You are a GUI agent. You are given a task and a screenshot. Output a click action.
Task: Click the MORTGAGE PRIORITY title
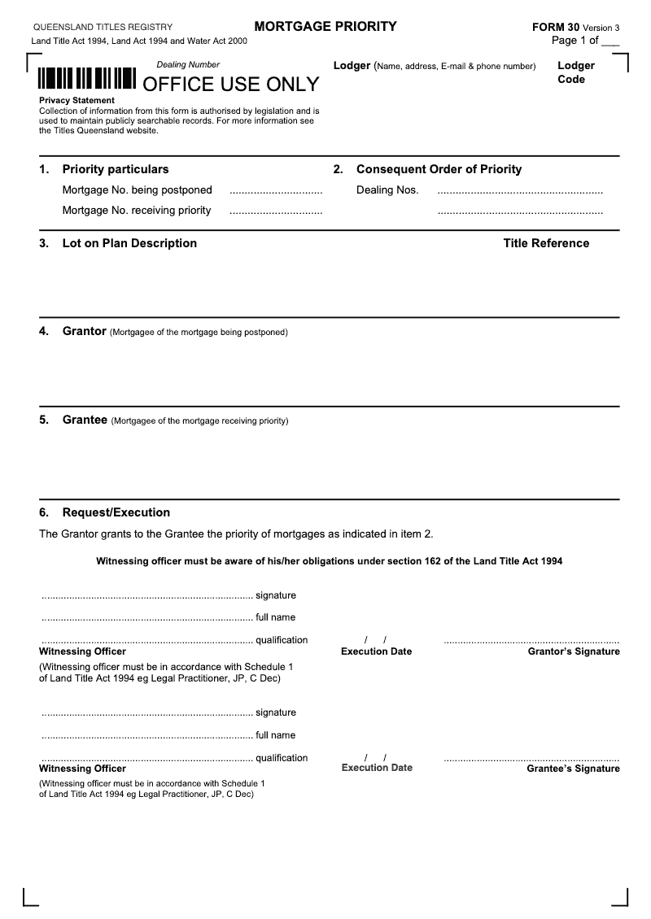[325, 27]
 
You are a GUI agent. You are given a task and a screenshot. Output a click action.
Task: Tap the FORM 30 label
[556, 27]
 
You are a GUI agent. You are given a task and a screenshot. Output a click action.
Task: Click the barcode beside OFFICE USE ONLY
[86, 79]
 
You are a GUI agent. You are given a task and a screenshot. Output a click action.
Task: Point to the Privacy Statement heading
[76, 100]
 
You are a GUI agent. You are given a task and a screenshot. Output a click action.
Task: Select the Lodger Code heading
[575, 72]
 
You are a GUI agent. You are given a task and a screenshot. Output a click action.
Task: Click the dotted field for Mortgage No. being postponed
[276, 192]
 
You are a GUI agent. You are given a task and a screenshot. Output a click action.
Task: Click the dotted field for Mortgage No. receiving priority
[276, 212]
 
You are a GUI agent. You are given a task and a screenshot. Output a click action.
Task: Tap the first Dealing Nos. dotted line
[520, 192]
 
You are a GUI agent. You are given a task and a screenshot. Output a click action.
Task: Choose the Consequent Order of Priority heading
[439, 169]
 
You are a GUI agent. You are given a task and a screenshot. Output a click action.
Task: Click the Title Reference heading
[546, 243]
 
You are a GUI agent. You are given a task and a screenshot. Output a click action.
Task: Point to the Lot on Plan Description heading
[129, 243]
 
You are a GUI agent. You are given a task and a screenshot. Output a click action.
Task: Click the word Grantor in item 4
[84, 331]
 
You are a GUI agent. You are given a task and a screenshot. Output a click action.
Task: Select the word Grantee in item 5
[85, 420]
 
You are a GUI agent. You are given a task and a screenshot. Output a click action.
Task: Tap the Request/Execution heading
[116, 512]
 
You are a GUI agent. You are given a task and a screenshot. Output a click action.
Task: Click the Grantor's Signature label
[574, 651]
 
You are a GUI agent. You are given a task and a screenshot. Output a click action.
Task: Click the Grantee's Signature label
[573, 769]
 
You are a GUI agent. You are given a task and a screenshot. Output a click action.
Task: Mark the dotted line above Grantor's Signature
[531, 642]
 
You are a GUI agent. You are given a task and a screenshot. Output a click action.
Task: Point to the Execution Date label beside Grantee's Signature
[377, 768]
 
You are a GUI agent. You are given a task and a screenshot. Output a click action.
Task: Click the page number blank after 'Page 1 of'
[610, 41]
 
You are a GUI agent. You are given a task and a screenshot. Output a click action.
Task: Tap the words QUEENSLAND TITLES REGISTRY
[103, 27]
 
